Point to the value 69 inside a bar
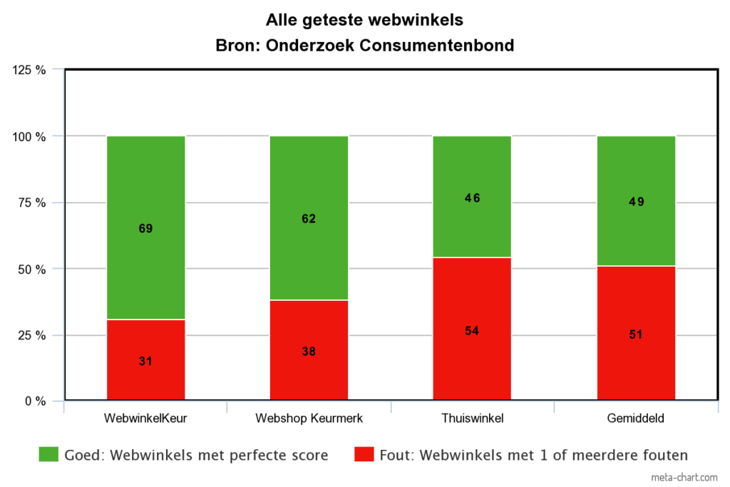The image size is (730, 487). [x=145, y=229]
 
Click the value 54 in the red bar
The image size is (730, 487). [x=472, y=331]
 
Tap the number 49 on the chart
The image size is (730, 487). [x=636, y=202]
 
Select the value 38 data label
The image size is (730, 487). [x=309, y=351]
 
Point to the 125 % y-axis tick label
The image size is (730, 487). [x=29, y=70]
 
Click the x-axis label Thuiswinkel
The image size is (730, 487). [x=472, y=419]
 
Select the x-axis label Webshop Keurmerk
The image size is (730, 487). [x=309, y=419]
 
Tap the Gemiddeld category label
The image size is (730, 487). [x=636, y=419]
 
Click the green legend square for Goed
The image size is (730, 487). [x=48, y=454]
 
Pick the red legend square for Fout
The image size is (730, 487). [x=364, y=454]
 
